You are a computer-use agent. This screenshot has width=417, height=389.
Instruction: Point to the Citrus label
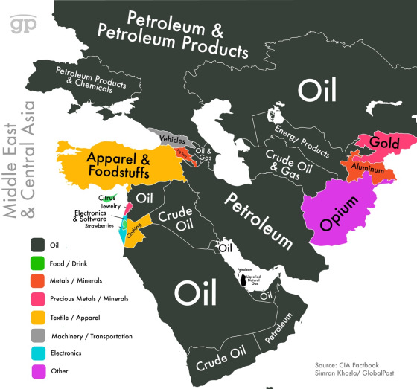click(108, 198)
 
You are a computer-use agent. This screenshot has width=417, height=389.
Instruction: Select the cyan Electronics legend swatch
click(35, 353)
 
